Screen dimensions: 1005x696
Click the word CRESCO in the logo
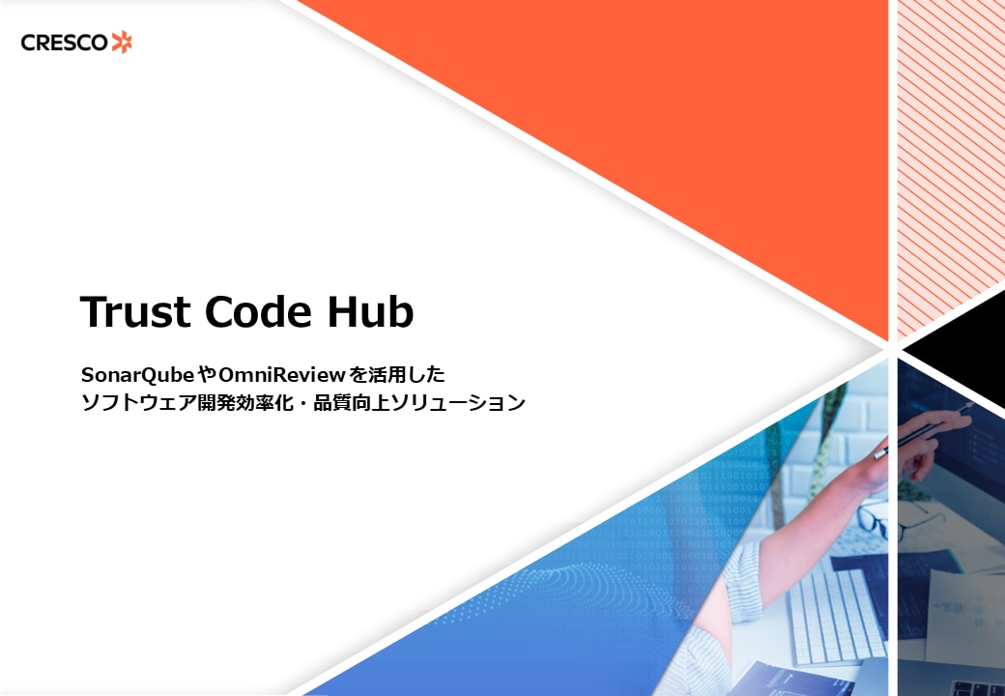click(x=64, y=43)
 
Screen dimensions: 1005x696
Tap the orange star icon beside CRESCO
click(x=122, y=43)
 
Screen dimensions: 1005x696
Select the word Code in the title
click(x=259, y=312)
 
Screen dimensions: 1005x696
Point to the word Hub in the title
click(x=370, y=312)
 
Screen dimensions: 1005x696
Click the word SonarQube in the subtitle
click(x=138, y=374)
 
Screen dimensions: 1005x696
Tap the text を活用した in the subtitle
click(x=397, y=374)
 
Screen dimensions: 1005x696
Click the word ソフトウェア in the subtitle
click(x=138, y=402)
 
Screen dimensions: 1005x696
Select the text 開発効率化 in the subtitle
click(x=244, y=402)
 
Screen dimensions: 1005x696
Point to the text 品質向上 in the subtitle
click(x=351, y=402)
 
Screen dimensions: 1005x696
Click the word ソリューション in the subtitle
click(x=458, y=402)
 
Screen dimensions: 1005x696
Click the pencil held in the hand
click(x=923, y=432)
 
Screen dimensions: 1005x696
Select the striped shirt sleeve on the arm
click(x=742, y=582)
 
